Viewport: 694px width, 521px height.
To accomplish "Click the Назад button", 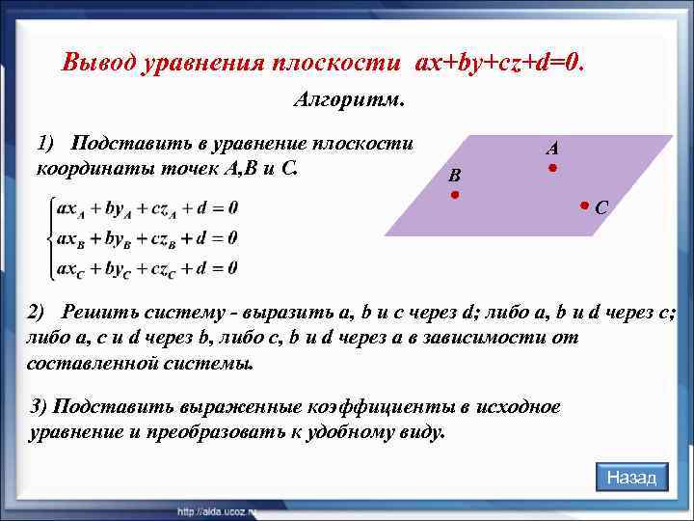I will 631,478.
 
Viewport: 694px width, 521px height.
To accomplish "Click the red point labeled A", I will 552,169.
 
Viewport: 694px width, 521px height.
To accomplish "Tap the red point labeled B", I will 454,196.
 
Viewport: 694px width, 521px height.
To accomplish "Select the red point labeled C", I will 584,206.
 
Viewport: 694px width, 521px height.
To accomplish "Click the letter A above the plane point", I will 551,149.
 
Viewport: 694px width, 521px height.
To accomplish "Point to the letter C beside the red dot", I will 601,207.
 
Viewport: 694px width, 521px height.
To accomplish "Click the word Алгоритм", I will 348,100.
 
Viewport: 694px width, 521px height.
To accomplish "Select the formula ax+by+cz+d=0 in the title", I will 499,63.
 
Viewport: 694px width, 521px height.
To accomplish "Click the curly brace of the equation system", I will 44,238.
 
